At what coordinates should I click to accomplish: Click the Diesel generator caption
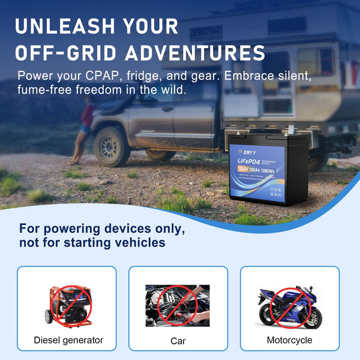pyautogui.click(x=68, y=340)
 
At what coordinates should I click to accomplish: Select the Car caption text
pyautogui.click(x=178, y=341)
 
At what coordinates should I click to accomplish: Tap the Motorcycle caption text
pyautogui.click(x=289, y=340)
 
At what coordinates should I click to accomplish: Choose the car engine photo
pyautogui.click(x=178, y=305)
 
